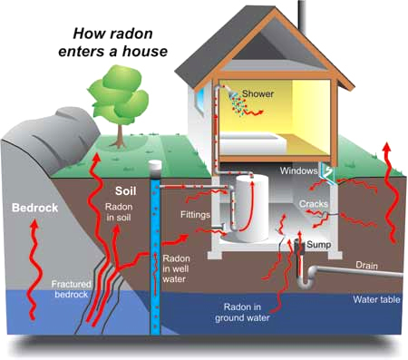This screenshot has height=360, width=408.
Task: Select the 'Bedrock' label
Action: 34,209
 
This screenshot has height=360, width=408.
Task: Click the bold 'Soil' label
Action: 127,192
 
